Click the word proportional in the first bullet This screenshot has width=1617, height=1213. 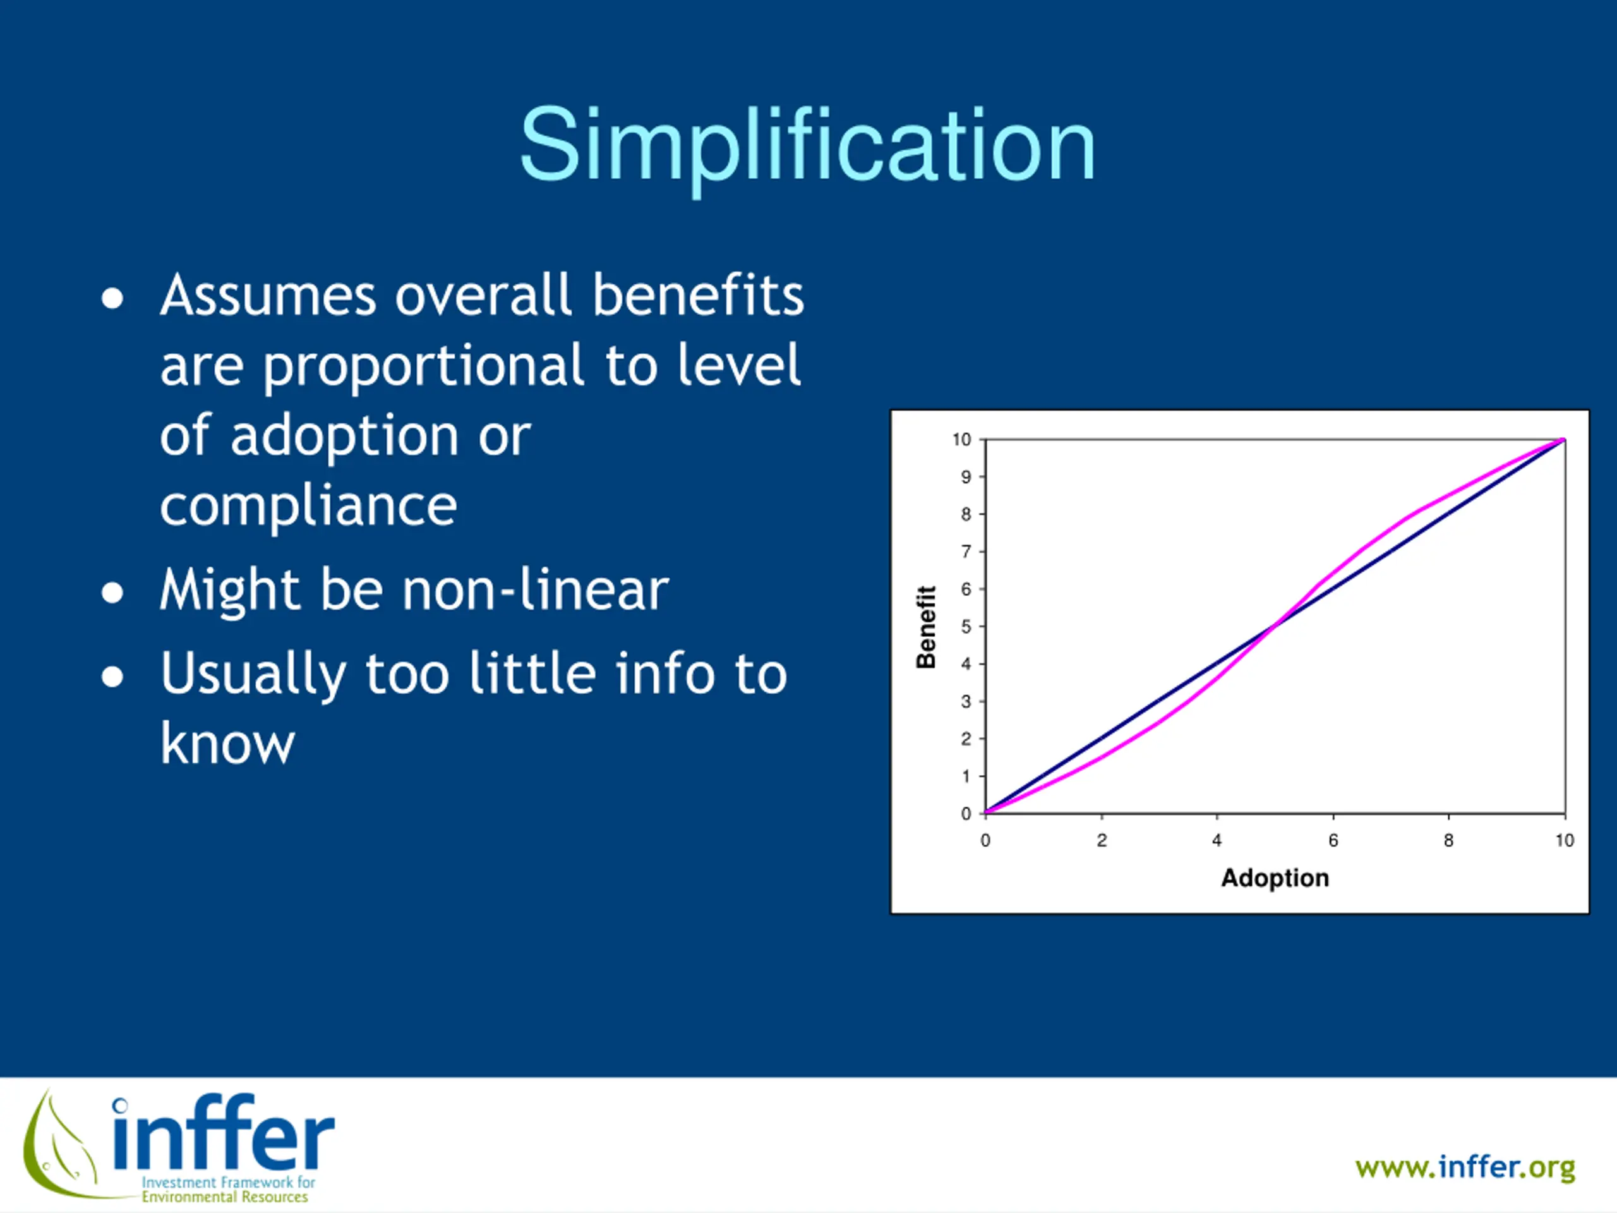click(x=424, y=366)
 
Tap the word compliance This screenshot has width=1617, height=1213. click(x=308, y=506)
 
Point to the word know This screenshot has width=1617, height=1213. click(x=227, y=742)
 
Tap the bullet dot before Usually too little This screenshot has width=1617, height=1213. click(x=112, y=677)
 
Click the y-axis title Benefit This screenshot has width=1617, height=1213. click(x=926, y=627)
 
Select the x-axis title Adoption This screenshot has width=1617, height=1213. click(x=1275, y=878)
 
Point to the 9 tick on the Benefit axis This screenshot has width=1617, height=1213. click(x=966, y=478)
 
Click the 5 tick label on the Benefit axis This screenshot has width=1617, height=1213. click(x=966, y=627)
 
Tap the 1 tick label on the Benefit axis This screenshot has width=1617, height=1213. click(x=966, y=776)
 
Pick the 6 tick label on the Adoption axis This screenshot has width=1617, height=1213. click(x=1333, y=841)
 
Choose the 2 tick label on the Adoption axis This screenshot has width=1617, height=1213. click(x=1102, y=841)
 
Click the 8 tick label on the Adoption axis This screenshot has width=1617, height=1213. click(x=1449, y=841)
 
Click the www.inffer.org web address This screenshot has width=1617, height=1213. click(x=1465, y=1168)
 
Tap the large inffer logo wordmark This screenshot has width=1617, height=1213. click(x=224, y=1133)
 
